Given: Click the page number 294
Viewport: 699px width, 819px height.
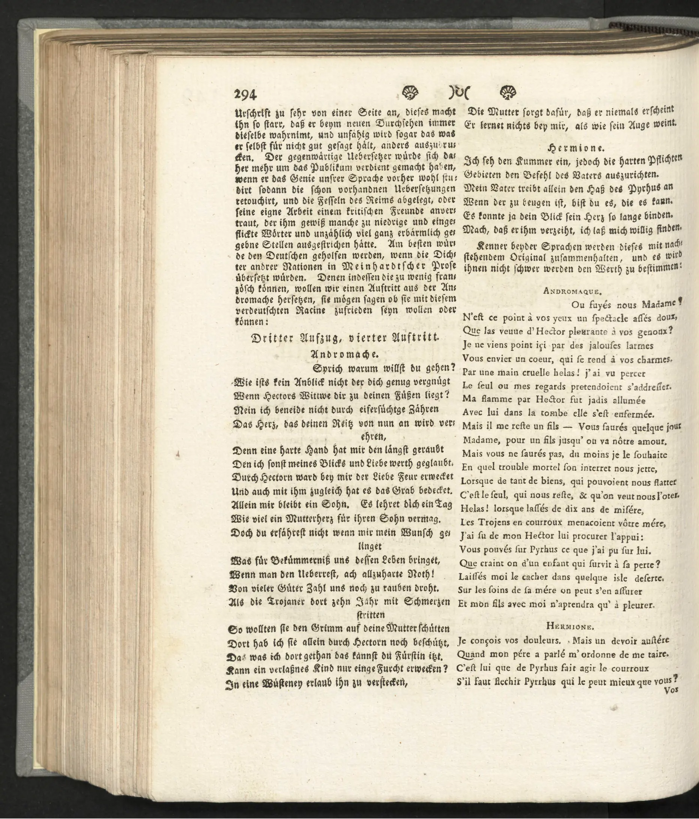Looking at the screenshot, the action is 246,95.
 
